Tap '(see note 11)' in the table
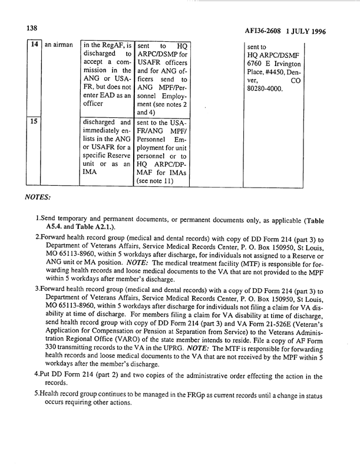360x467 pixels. coord(158,180)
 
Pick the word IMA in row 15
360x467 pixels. coord(91,172)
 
